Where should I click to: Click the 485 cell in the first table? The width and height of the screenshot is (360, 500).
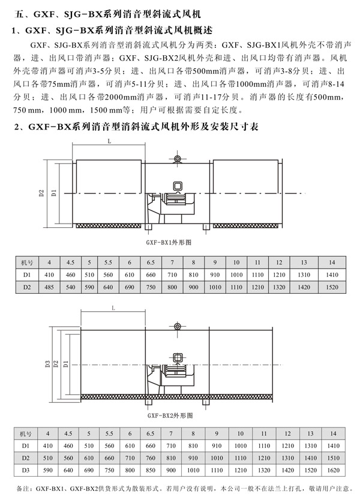pos(49,287)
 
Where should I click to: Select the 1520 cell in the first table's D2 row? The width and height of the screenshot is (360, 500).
pos(332,287)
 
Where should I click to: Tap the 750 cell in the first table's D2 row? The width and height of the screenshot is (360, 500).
pos(151,287)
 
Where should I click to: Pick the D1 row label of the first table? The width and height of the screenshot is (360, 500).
pos(27,275)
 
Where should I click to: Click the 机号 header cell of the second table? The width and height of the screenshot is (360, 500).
pos(26,433)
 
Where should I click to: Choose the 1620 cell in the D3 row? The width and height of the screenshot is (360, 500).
pos(333,470)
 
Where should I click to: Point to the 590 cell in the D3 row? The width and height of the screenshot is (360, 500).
pos(47,470)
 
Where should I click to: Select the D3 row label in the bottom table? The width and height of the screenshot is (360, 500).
pos(26,470)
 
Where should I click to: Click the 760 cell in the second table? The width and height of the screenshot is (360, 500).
pos(151,458)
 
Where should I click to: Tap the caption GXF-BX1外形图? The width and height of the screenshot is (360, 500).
pos(169,242)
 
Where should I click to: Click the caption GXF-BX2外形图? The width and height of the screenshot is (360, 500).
pos(170,415)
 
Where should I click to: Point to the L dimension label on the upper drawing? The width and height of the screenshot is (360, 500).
pos(109,141)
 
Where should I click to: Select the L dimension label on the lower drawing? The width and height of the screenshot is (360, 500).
pos(113,308)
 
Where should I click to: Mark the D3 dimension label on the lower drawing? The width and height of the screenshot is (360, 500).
pos(47,364)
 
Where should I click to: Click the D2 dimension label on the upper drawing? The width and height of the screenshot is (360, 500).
pos(41,193)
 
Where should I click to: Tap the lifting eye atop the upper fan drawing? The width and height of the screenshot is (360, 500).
pos(177,159)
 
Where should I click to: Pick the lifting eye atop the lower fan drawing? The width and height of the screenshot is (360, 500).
pos(178,326)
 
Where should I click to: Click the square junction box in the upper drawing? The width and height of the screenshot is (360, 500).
pos(178,186)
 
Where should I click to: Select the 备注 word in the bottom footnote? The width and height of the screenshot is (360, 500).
pos(23,488)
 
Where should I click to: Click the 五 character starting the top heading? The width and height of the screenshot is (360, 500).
pos(19,14)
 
